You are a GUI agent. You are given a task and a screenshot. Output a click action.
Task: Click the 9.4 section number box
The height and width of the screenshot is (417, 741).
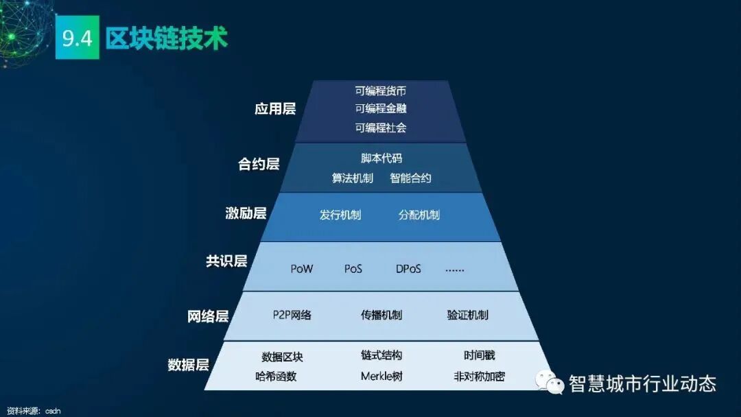click(78, 38)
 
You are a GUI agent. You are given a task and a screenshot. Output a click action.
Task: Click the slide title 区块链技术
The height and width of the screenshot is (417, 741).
click(167, 38)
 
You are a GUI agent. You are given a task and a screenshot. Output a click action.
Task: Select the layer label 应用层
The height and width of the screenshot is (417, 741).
click(275, 109)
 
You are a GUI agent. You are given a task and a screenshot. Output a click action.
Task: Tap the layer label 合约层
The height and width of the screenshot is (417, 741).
click(259, 165)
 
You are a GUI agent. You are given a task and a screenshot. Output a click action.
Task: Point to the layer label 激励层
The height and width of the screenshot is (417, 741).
click(246, 213)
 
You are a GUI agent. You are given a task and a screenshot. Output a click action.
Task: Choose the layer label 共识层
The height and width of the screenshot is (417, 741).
click(226, 261)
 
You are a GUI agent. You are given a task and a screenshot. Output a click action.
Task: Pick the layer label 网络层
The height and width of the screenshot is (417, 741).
click(208, 316)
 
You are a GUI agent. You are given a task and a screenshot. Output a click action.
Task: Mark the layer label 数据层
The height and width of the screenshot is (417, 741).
click(188, 365)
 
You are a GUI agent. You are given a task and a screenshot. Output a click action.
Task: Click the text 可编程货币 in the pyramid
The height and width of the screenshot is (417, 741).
click(381, 91)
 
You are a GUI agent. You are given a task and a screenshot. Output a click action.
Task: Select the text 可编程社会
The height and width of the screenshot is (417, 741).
click(381, 128)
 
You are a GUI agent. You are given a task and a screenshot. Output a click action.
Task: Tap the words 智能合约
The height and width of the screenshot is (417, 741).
click(410, 178)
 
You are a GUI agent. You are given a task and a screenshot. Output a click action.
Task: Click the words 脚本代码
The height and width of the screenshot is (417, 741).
click(381, 158)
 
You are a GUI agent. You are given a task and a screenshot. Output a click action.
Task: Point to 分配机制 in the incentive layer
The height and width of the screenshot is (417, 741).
click(419, 215)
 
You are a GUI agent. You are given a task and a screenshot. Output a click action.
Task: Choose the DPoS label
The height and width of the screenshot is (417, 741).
click(408, 269)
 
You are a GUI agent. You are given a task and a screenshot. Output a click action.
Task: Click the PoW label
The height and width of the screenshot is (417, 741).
click(301, 269)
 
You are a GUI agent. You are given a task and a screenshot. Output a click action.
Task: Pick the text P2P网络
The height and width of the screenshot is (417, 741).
click(292, 315)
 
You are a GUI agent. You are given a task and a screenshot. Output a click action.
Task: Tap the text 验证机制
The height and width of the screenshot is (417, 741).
click(467, 315)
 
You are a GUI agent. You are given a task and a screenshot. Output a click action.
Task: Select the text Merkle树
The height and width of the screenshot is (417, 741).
click(381, 376)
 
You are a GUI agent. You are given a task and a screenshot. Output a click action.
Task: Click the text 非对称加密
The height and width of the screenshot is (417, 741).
click(479, 376)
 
